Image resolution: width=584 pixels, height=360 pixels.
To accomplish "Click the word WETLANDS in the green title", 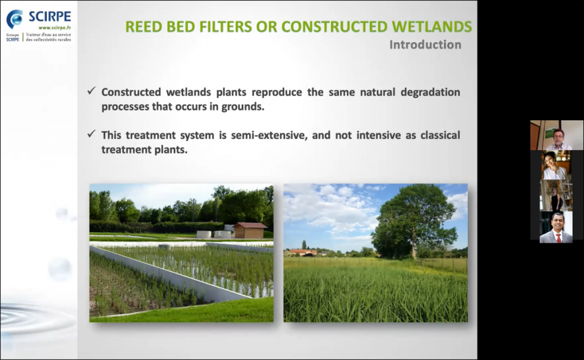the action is [x=432, y=27].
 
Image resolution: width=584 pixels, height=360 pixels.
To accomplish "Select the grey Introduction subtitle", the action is [x=425, y=45].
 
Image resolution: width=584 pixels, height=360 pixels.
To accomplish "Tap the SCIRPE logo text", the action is [x=50, y=17].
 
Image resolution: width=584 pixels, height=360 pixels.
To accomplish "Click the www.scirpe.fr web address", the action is [x=55, y=27].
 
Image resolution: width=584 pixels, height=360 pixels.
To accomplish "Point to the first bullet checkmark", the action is [x=92, y=91].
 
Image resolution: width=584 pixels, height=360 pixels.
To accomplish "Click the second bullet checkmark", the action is [x=92, y=134].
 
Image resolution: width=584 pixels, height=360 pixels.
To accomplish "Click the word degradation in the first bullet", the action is [x=430, y=92].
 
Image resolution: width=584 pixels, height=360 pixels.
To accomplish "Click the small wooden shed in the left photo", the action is [x=250, y=230].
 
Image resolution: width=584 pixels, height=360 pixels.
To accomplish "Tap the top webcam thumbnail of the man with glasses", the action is [x=557, y=135].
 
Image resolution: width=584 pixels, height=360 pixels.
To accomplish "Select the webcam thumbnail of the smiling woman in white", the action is [x=555, y=165].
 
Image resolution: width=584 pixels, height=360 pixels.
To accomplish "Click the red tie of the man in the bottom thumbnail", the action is [x=558, y=238].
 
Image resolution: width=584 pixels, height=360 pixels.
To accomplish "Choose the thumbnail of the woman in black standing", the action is [x=556, y=196].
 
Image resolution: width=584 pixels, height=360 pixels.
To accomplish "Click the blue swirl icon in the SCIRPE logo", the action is [x=15, y=19].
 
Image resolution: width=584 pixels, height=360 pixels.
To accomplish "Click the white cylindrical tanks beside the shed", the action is [x=214, y=234].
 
